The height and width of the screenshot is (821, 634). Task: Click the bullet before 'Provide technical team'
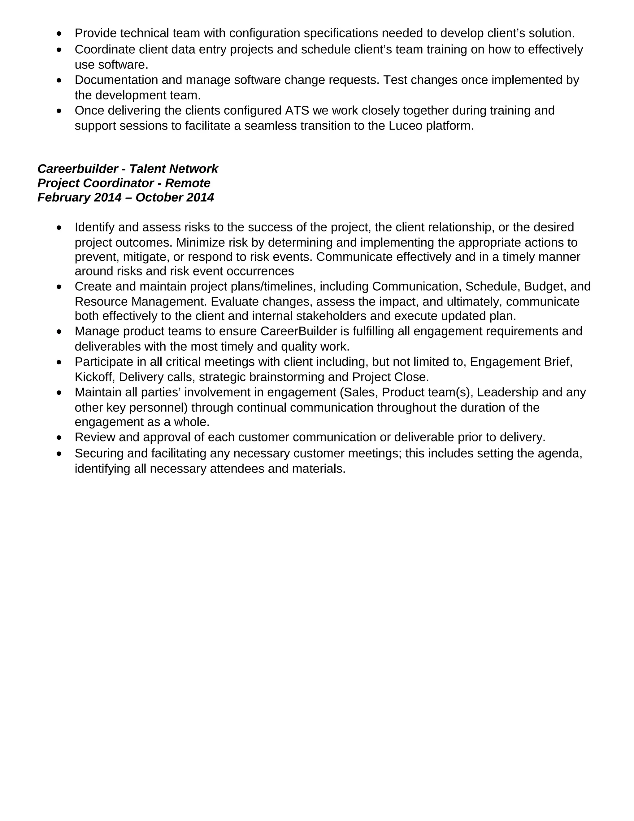pyautogui.click(x=59, y=34)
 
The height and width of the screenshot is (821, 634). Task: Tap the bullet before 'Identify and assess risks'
pyautogui.click(x=59, y=228)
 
